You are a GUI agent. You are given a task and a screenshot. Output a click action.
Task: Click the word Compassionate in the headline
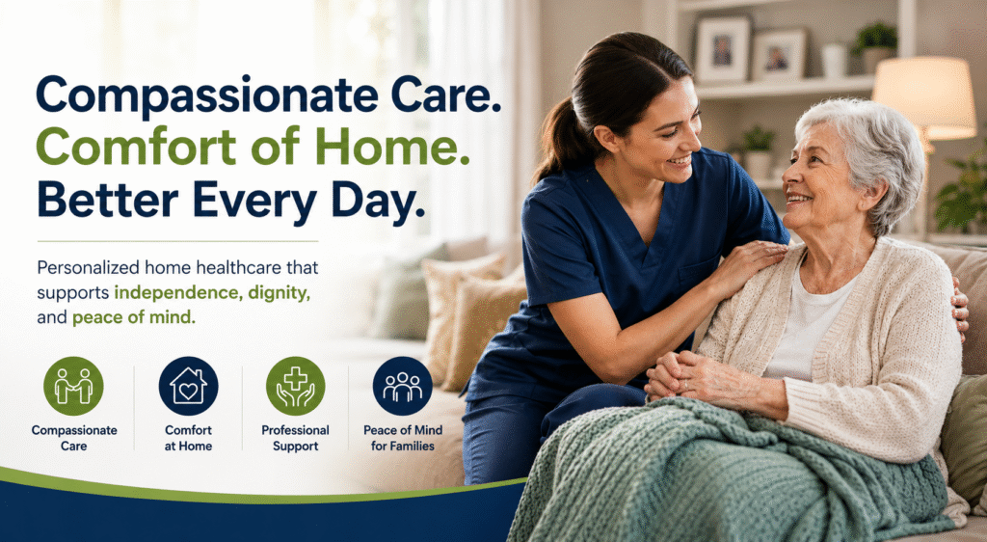click(207, 95)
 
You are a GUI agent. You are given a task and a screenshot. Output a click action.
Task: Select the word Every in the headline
click(254, 201)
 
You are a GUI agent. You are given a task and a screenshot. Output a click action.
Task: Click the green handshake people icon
click(73, 386)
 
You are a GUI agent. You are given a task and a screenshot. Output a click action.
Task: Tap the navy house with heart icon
click(188, 386)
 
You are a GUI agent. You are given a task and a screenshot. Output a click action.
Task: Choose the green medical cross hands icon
click(295, 386)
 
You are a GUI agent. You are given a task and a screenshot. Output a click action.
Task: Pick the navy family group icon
click(403, 386)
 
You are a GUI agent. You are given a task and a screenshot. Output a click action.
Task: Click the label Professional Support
click(295, 438)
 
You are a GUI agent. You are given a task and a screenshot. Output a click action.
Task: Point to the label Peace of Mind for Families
click(403, 438)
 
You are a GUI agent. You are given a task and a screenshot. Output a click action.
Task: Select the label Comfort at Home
click(188, 438)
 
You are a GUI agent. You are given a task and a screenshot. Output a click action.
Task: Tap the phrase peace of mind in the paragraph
click(133, 318)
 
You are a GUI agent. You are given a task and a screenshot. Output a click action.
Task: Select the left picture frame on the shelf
click(722, 50)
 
